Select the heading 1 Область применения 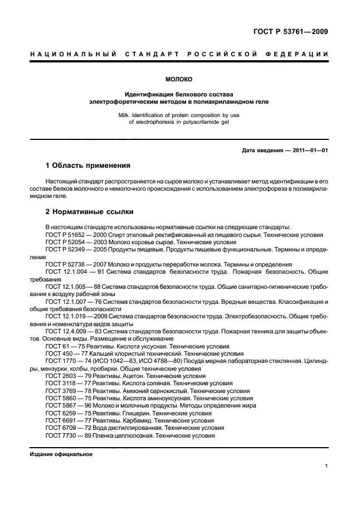coord(87,166)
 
